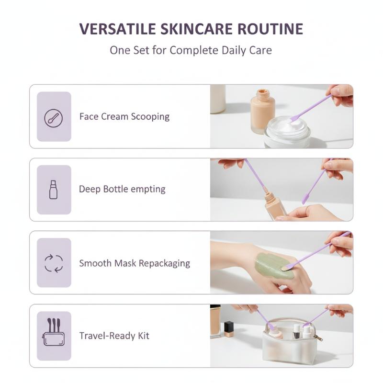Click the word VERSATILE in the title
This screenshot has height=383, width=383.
point(118,29)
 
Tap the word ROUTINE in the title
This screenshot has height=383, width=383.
point(270,29)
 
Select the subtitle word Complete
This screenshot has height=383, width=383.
point(194,50)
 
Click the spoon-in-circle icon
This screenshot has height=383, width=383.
point(54,118)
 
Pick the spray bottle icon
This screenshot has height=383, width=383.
point(53,190)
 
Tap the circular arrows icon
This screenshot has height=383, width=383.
point(54,263)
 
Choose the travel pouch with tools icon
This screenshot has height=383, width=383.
point(54,332)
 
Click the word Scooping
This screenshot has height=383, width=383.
point(150,117)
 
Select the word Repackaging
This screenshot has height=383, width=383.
point(164,264)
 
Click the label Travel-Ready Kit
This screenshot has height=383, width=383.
point(114,336)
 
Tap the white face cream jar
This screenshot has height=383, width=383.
point(288,132)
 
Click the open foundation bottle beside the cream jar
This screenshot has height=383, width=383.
point(262,111)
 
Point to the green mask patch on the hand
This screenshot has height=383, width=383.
point(273,266)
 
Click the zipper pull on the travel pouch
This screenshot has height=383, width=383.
point(319,338)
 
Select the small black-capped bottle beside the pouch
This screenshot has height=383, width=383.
point(229,329)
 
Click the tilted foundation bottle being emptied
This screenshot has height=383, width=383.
point(274,205)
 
